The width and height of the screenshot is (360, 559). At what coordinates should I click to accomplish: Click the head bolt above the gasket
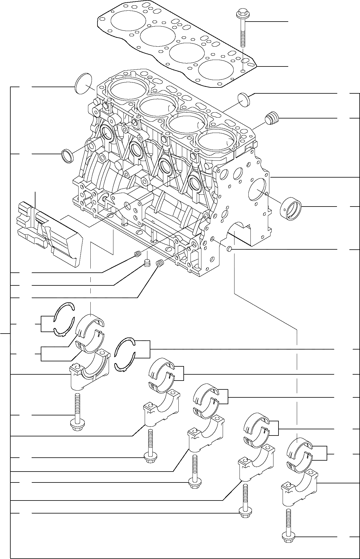pos(242,30)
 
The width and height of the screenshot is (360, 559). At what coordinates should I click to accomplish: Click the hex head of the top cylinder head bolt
pos(241,13)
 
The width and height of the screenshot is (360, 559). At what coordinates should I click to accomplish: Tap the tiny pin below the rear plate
pos(229,250)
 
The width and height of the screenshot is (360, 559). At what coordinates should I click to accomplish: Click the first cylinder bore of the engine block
pos(128,90)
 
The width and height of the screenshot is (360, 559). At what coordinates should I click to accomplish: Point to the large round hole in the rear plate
pos(257,189)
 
